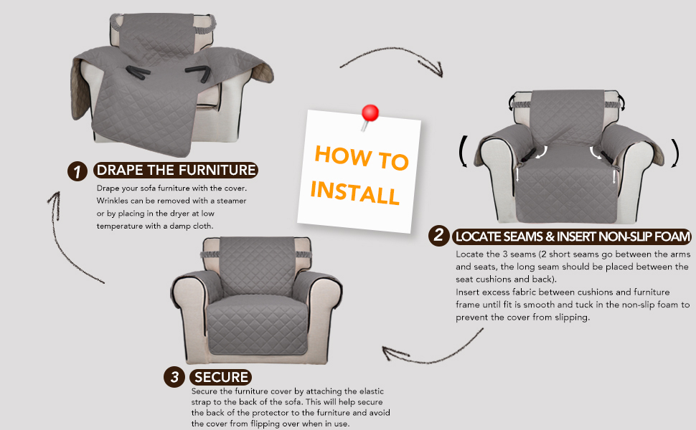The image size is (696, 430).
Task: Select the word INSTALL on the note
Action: point(355,193)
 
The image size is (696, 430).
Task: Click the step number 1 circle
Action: point(77,171)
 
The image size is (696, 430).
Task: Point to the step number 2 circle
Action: point(438,235)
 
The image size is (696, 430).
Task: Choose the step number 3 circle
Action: point(174,377)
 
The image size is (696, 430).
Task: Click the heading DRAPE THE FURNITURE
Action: point(176,171)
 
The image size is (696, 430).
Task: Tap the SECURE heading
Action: point(220,377)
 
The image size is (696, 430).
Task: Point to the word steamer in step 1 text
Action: point(231,201)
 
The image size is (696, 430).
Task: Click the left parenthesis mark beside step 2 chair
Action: point(462,152)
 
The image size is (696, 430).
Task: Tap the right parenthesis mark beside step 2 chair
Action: point(675,153)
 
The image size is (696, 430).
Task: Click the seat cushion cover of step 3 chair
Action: point(258,326)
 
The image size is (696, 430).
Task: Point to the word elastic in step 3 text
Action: point(372,391)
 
